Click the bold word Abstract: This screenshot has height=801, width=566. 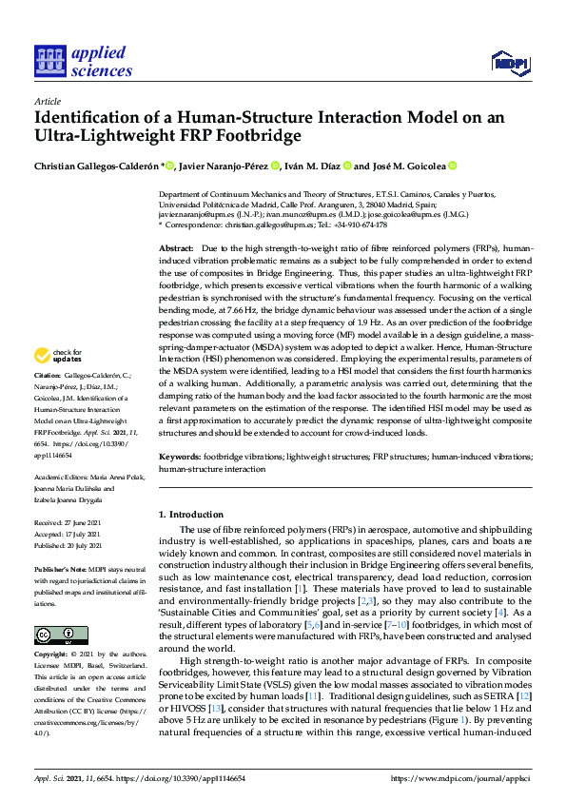point(177,246)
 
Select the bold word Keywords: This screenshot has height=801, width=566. point(180,458)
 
